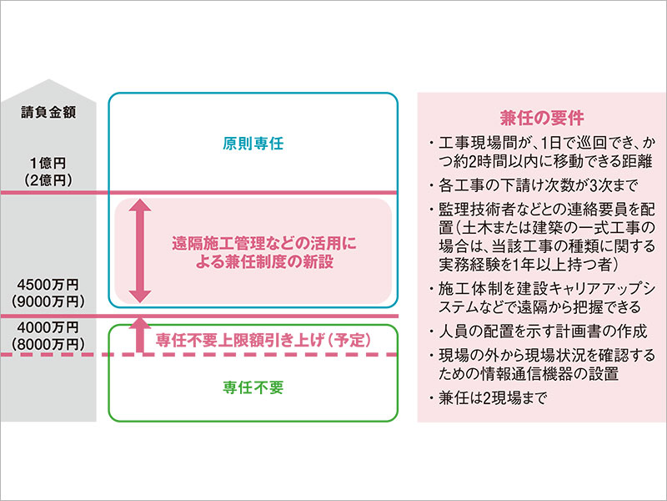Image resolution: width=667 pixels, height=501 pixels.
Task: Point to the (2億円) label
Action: click(48, 180)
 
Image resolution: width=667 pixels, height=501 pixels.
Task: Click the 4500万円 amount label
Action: click(47, 283)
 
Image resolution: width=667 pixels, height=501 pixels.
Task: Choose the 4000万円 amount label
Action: click(47, 326)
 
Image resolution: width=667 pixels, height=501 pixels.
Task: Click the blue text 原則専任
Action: click(254, 144)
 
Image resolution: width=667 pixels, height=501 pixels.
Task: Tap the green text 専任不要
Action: click(254, 387)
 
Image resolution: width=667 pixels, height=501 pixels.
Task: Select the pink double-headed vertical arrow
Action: click(140, 250)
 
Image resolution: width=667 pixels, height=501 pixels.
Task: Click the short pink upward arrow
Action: click(140, 331)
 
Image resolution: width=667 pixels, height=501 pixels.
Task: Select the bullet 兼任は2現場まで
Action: click(491, 398)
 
